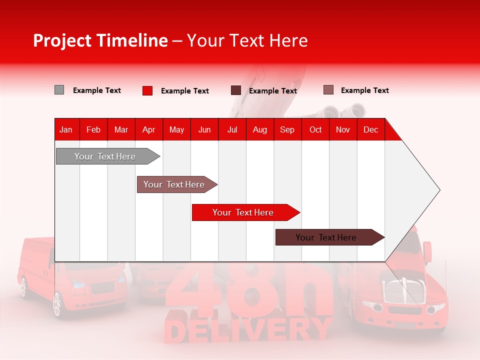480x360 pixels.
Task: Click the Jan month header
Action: [66, 130]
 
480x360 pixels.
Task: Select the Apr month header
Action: [148, 130]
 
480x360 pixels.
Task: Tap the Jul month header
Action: [232, 130]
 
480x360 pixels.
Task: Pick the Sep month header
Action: [287, 130]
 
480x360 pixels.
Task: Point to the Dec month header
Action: [370, 130]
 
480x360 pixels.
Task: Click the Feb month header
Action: [93, 130]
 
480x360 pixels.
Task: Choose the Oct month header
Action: [315, 130]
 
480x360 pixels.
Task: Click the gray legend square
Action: [59, 90]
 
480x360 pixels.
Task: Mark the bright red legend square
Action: [147, 90]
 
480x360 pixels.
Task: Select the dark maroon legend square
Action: [236, 90]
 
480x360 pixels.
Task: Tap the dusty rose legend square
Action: [328, 90]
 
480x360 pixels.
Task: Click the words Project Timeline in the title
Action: [100, 40]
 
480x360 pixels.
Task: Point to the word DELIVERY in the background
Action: [248, 330]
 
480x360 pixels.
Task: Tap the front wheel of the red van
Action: [57, 304]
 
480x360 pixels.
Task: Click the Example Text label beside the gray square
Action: [97, 90]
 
